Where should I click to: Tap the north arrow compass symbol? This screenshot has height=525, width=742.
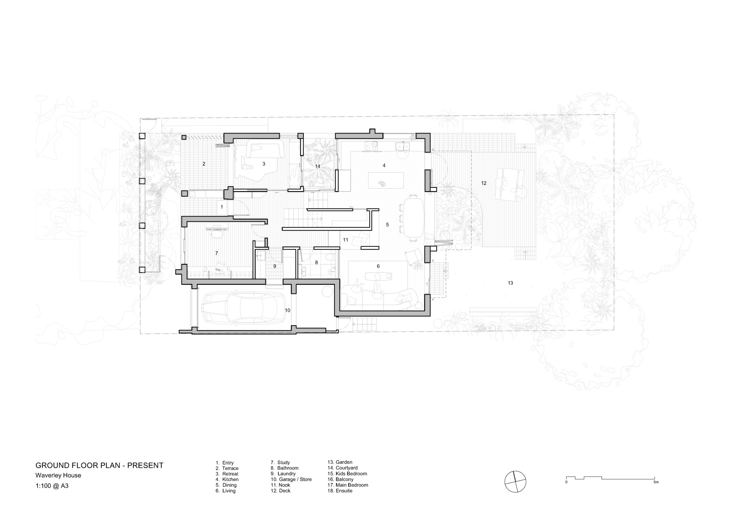click(515, 482)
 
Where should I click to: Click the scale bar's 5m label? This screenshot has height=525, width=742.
click(656, 482)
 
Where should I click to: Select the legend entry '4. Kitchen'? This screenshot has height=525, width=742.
click(227, 479)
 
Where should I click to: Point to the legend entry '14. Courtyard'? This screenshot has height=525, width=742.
click(342, 468)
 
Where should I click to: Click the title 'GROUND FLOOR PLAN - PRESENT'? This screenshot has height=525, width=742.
click(99, 466)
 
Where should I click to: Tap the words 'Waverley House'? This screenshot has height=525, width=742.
click(58, 475)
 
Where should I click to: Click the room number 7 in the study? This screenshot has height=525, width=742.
click(217, 253)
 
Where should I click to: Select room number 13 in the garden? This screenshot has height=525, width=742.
click(510, 283)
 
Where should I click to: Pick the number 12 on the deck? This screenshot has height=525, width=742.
click(484, 183)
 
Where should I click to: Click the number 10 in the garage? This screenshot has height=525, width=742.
click(288, 310)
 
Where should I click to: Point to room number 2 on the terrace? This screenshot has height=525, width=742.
click(204, 164)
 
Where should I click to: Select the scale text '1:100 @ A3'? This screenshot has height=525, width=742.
click(52, 486)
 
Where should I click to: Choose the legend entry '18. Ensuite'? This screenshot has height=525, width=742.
click(340, 491)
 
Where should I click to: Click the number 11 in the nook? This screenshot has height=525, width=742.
click(345, 240)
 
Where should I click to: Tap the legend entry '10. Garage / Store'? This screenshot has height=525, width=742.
click(291, 479)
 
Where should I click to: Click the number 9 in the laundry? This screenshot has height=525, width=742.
click(275, 266)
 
